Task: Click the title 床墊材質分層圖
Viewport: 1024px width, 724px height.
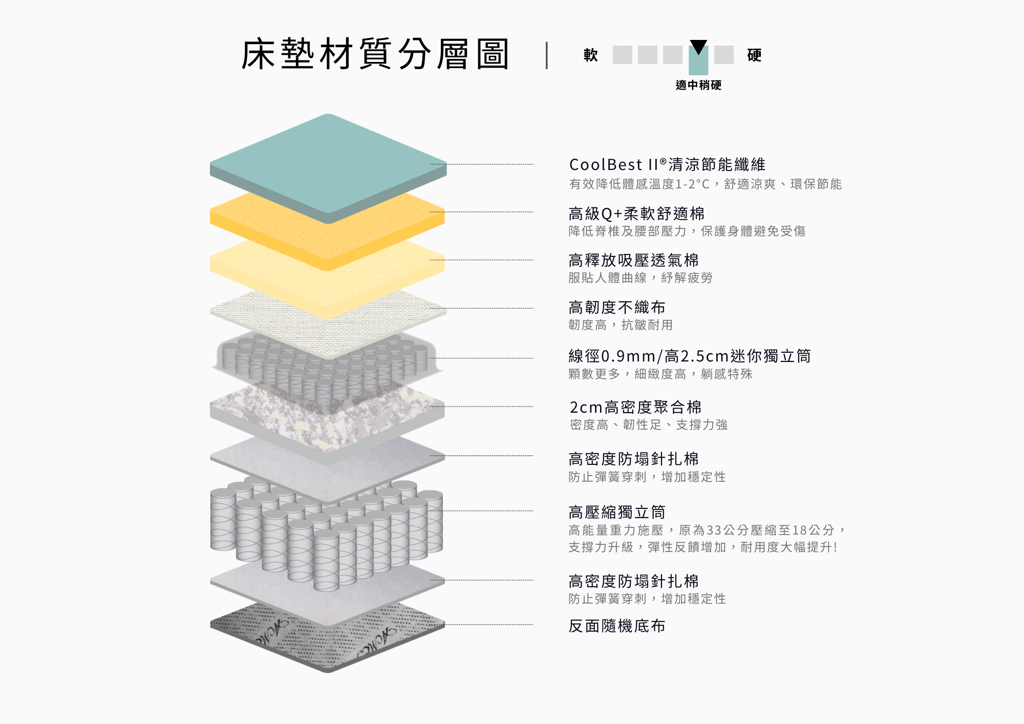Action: pyautogui.click(x=375, y=54)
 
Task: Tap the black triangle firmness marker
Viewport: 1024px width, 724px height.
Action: pyautogui.click(x=698, y=47)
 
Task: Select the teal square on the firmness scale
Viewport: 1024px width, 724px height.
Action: pyautogui.click(x=698, y=60)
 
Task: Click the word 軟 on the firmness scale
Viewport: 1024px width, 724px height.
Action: pyautogui.click(x=591, y=55)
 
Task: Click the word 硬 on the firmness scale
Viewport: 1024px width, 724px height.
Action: pyautogui.click(x=754, y=55)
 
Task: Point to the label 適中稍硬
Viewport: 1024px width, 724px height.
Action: pyautogui.click(x=698, y=85)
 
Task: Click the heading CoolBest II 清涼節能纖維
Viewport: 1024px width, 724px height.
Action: pyautogui.click(x=667, y=164)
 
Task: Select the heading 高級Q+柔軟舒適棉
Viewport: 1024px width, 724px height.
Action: pyautogui.click(x=636, y=214)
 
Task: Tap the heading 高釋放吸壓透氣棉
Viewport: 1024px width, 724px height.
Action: pyautogui.click(x=633, y=260)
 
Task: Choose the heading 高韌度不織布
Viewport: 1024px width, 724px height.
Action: pyautogui.click(x=617, y=307)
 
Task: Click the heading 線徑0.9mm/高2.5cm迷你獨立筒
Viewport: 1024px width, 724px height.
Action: pyautogui.click(x=690, y=355)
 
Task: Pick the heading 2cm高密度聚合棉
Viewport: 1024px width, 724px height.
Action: pyautogui.click(x=635, y=407)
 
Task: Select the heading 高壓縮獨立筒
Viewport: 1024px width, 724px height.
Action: pyautogui.click(x=617, y=512)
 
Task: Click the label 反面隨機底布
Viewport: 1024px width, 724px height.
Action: pyautogui.click(x=617, y=626)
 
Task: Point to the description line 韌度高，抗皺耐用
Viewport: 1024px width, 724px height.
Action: pyautogui.click(x=621, y=325)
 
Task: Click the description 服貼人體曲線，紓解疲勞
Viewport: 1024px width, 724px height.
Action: pyautogui.click(x=640, y=278)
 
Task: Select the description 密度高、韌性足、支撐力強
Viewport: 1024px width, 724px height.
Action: pyautogui.click(x=649, y=424)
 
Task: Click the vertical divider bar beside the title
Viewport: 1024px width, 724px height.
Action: pyautogui.click(x=547, y=55)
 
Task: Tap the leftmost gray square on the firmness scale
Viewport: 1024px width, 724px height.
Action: pyautogui.click(x=623, y=55)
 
